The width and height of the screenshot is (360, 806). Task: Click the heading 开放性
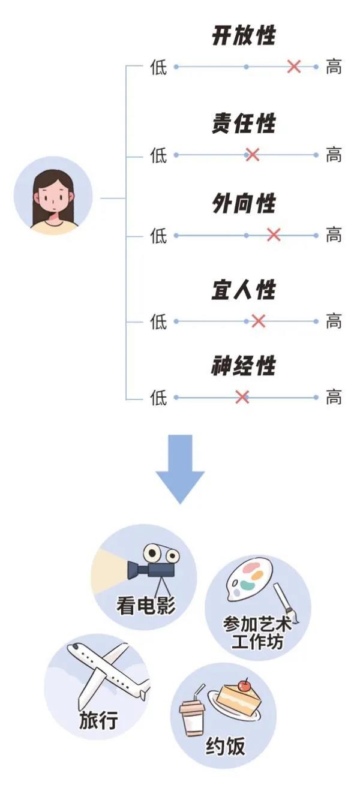coord(244,35)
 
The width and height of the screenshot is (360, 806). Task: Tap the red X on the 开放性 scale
coord(294,67)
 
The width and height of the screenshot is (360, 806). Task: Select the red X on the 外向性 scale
coord(274,235)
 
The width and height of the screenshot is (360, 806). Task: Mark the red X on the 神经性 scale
coord(242,397)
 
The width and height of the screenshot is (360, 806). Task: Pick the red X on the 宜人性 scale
coord(259,321)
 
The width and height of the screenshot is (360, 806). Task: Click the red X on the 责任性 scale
coord(253,155)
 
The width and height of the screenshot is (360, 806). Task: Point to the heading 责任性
coord(244,123)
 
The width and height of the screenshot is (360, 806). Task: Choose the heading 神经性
coord(244,366)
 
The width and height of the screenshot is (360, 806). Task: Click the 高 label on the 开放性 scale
coord(334,67)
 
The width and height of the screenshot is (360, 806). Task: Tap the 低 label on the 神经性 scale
coord(158,398)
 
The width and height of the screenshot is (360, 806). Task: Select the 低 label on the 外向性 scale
coord(158,236)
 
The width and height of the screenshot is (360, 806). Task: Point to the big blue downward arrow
coord(180,468)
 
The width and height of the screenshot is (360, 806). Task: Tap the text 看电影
coord(145,605)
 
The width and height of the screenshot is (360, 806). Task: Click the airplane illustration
coord(108,669)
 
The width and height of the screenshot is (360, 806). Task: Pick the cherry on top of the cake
coord(245,685)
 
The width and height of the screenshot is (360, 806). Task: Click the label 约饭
coord(226,745)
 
